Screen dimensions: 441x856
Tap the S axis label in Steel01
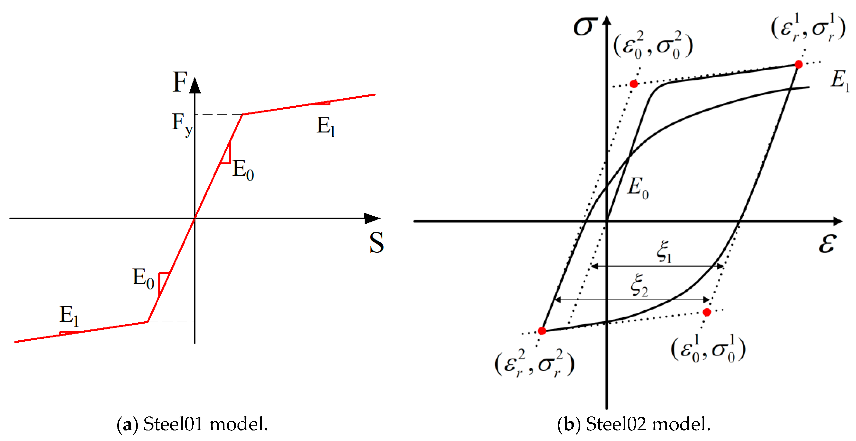[376, 243]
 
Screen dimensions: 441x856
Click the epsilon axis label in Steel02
[827, 244]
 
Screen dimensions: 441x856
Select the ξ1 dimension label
[664, 252]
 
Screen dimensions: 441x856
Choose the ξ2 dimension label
[639, 285]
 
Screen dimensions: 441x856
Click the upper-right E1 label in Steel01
[326, 127]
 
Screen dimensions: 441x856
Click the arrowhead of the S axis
[373, 219]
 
